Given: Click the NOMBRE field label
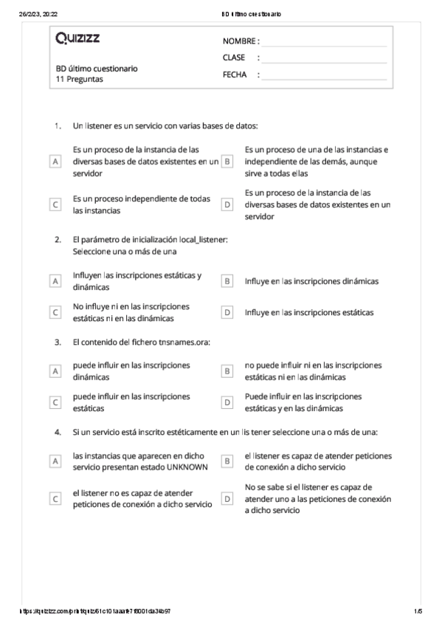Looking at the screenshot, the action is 240,41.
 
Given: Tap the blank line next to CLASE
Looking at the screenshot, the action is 325,58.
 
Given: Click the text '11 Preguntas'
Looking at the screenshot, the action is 74,79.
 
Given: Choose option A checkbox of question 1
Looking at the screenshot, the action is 55,161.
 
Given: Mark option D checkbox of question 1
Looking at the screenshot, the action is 227,204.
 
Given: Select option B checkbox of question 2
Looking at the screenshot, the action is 227,281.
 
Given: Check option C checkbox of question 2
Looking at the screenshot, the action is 55,312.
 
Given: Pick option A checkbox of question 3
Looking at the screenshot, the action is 55,371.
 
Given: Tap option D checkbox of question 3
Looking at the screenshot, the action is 227,402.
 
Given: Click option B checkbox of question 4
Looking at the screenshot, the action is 227,461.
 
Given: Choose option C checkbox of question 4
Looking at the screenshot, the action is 55,498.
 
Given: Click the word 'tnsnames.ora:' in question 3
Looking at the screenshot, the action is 184,342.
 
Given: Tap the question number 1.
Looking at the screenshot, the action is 57,125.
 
